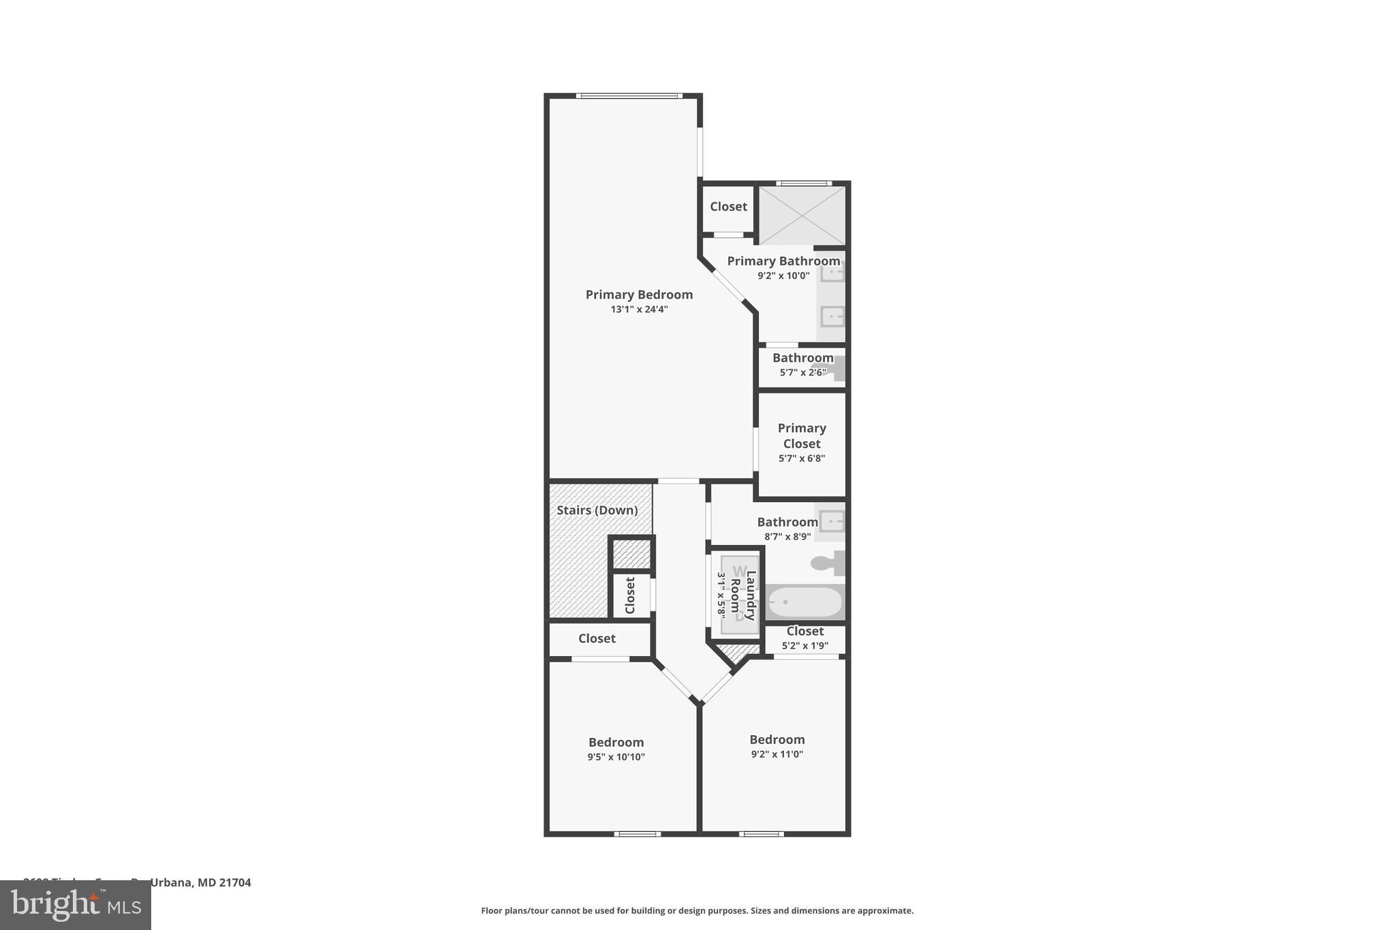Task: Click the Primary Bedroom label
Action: pyautogui.click(x=639, y=294)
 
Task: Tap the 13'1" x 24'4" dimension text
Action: pyautogui.click(x=639, y=309)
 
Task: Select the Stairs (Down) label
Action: pyautogui.click(x=597, y=510)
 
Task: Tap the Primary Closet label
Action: pyautogui.click(x=802, y=435)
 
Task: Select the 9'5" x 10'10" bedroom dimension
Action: pyautogui.click(x=616, y=757)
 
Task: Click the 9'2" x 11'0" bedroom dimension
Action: pyautogui.click(x=777, y=754)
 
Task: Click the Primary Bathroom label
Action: pyautogui.click(x=783, y=261)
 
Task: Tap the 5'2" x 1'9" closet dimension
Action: pyautogui.click(x=804, y=646)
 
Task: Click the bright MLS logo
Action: pyautogui.click(x=76, y=905)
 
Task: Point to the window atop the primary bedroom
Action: pyautogui.click(x=629, y=96)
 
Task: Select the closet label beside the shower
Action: pyautogui.click(x=728, y=206)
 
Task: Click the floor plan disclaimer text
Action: pyautogui.click(x=697, y=911)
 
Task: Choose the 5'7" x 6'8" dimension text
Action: pyautogui.click(x=802, y=459)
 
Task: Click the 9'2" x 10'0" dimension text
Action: pyautogui.click(x=783, y=276)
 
